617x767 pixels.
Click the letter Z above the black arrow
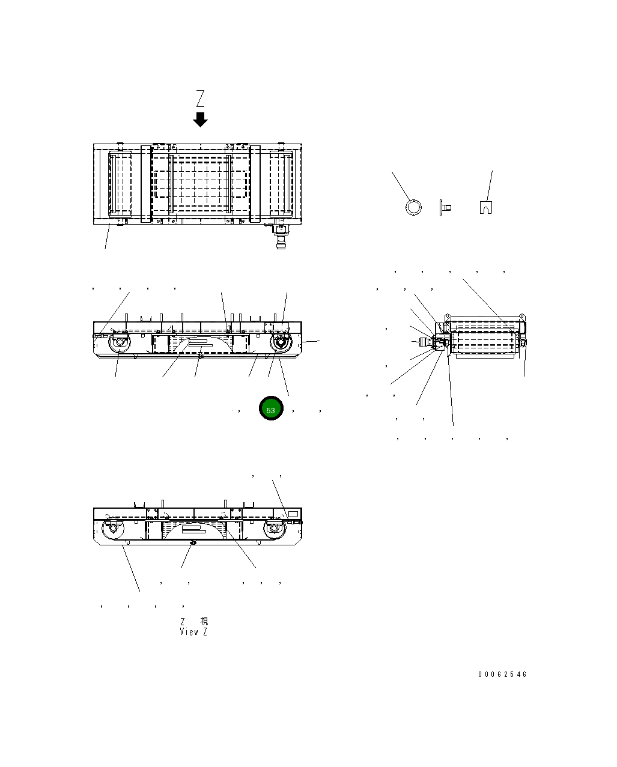point(201,98)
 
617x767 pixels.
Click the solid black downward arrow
point(200,119)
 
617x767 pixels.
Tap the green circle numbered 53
point(271,409)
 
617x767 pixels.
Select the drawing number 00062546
point(502,675)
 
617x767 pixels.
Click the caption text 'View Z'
point(193,632)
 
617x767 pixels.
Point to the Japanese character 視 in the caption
point(204,622)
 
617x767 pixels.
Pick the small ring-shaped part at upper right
point(413,207)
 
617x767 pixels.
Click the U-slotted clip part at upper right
point(486,207)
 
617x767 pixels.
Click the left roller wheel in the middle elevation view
point(119,344)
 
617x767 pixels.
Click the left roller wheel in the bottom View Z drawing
point(112,529)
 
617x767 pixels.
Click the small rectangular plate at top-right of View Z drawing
point(293,514)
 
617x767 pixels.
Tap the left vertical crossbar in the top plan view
point(146,183)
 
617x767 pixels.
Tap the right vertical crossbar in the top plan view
point(255,183)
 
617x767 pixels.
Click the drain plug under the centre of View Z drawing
point(193,542)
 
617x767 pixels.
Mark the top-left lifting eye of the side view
point(448,315)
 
